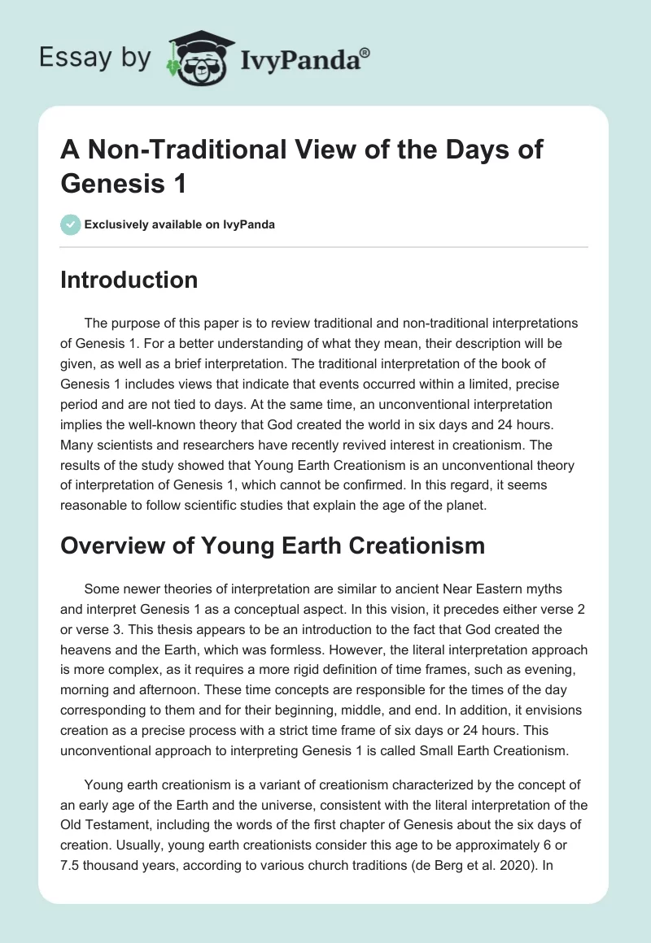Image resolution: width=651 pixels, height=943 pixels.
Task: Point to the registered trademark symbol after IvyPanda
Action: click(365, 52)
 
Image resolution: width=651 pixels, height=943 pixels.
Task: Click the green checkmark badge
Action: click(71, 224)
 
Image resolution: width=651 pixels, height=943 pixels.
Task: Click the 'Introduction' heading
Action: click(129, 280)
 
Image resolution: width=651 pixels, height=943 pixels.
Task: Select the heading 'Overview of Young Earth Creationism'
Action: click(273, 545)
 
